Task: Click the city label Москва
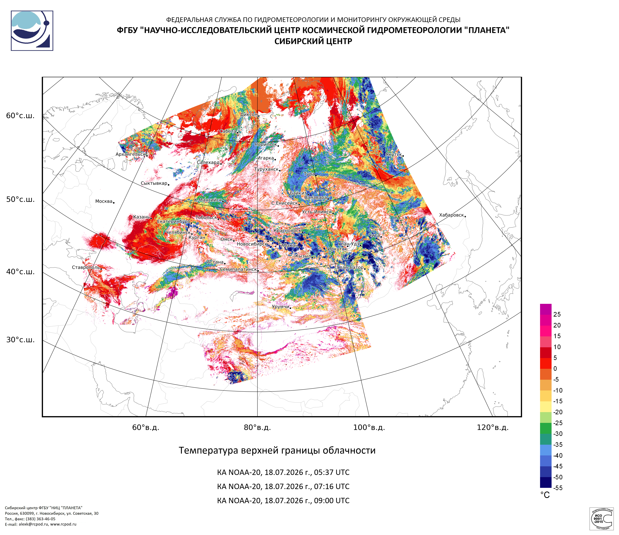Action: pyautogui.click(x=104, y=201)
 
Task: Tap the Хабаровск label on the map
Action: pyautogui.click(x=451, y=215)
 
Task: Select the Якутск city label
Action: pyautogui.click(x=394, y=154)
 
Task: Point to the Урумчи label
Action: pyautogui.click(x=280, y=307)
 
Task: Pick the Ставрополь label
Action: pyautogui.click(x=86, y=267)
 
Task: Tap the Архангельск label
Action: pyautogui.click(x=131, y=154)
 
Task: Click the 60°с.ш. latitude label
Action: pyautogui.click(x=20, y=116)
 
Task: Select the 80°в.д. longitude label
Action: pyautogui.click(x=257, y=427)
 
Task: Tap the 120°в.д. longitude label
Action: pyautogui.click(x=493, y=427)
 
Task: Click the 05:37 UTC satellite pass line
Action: pyautogui.click(x=283, y=472)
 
